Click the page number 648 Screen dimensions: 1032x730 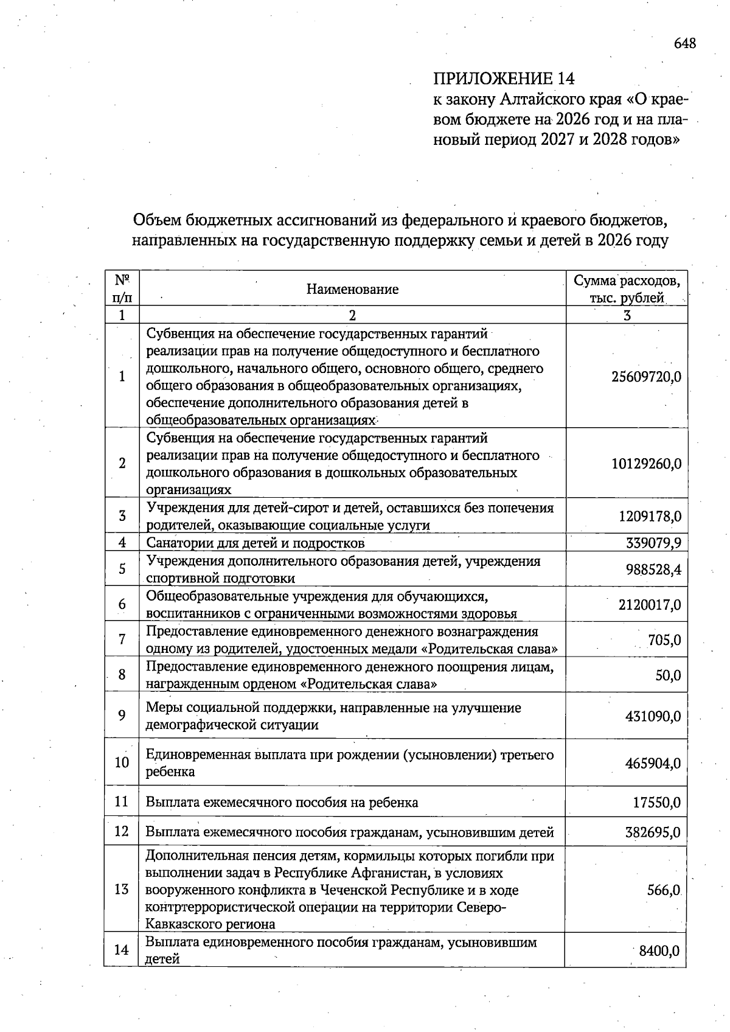pyautogui.click(x=684, y=43)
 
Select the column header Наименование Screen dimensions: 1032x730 pyautogui.click(x=352, y=289)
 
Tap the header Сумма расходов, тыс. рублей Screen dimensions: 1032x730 pyautogui.click(x=627, y=289)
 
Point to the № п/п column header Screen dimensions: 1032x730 pyautogui.click(x=122, y=288)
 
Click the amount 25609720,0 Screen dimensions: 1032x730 pyautogui.click(x=646, y=377)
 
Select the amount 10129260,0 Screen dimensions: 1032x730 pyautogui.click(x=646, y=464)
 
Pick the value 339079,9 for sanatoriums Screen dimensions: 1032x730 pyautogui.click(x=653, y=542)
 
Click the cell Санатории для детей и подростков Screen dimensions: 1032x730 pyautogui.click(x=255, y=543)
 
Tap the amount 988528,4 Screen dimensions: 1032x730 pyautogui.click(x=653, y=570)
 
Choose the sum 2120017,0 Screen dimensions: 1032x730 pyautogui.click(x=650, y=605)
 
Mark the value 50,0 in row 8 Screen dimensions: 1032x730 pyautogui.click(x=668, y=675)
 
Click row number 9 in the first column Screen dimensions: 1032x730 pyautogui.click(x=122, y=716)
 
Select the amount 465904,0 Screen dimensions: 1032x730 pyautogui.click(x=653, y=763)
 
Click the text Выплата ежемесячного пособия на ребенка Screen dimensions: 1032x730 pyautogui.click(x=282, y=802)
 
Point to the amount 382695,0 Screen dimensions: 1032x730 pyautogui.click(x=653, y=832)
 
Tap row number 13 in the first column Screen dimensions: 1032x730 pyautogui.click(x=122, y=889)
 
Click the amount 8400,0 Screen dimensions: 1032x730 pyautogui.click(x=659, y=950)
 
